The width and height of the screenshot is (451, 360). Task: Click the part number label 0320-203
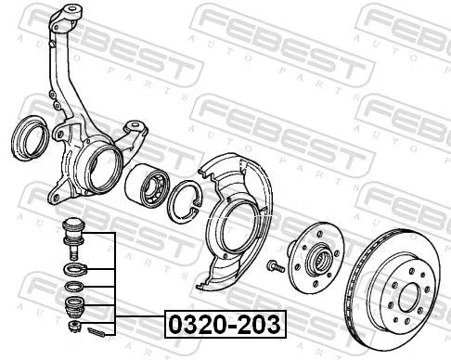click(x=225, y=324)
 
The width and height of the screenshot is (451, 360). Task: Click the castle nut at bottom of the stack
click(x=71, y=325)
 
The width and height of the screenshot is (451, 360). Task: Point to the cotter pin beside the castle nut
click(x=97, y=328)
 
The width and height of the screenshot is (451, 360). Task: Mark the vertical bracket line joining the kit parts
click(x=114, y=283)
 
